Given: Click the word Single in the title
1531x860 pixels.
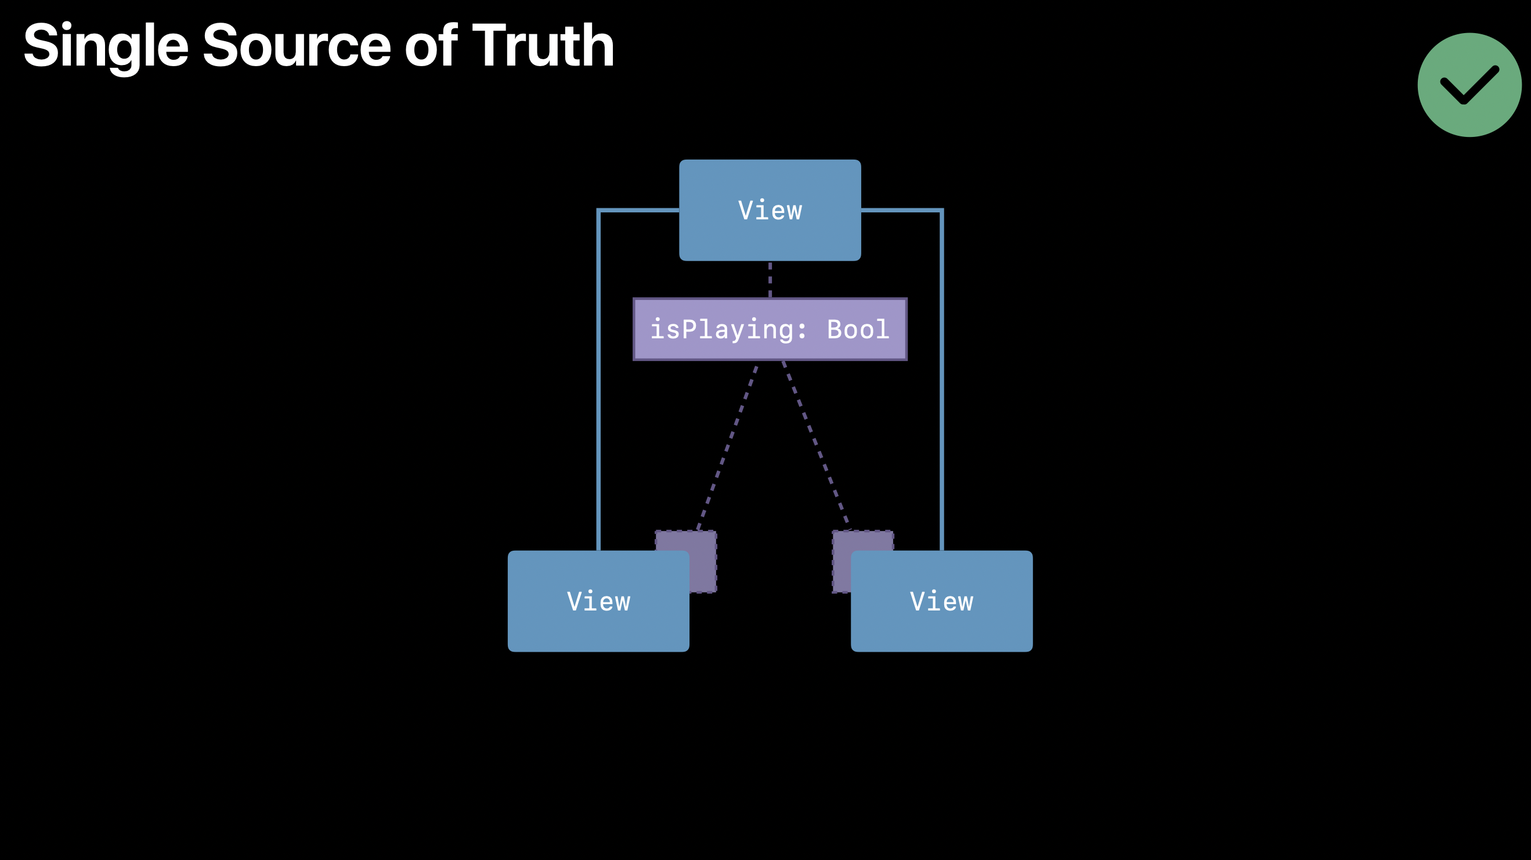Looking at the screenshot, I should pyautogui.click(x=106, y=46).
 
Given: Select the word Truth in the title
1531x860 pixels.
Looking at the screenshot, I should pyautogui.click(x=543, y=46).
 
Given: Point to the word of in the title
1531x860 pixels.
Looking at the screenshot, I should pyautogui.click(x=431, y=46).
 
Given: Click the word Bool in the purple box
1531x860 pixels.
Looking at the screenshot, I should pyautogui.click(x=858, y=329).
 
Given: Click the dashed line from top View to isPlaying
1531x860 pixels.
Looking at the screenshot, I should pyautogui.click(x=770, y=279).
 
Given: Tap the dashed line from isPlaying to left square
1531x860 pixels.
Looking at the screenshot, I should pyautogui.click(x=727, y=446).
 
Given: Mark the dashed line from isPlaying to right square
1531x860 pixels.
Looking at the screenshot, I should pyautogui.click(x=815, y=443).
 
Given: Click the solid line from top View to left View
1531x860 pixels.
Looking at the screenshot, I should pyautogui.click(x=598, y=380).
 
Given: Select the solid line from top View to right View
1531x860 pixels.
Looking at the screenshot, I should pyautogui.click(x=941, y=380).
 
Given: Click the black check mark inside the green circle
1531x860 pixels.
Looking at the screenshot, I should pyautogui.click(x=1469, y=85).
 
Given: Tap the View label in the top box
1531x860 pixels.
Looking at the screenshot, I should pyautogui.click(x=770, y=211).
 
